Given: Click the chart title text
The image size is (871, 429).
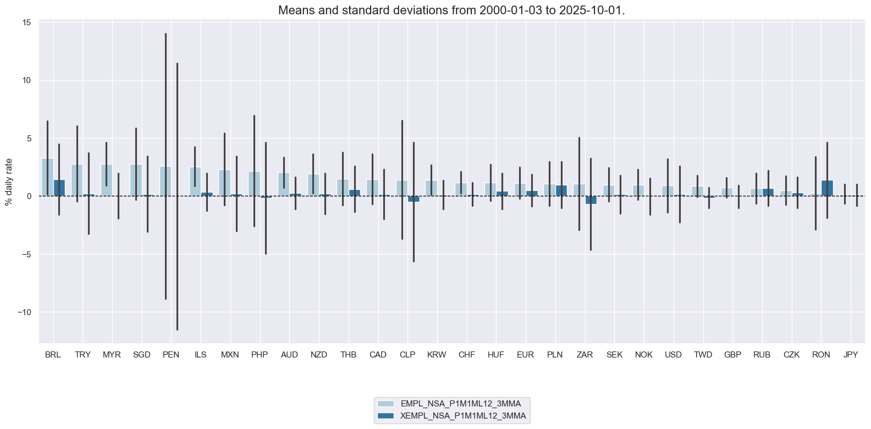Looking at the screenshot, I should point(451,10).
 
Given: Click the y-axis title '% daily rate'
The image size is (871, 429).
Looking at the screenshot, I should point(9,182).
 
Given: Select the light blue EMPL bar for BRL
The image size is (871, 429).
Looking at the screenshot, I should point(47,177).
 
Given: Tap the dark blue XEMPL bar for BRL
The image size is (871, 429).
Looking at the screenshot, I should point(59,188).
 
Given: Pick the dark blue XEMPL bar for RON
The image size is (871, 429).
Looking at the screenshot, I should point(827,188).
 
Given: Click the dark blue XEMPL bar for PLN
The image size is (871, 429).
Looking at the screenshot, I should point(561,191).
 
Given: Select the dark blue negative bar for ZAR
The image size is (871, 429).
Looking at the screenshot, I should point(591,200).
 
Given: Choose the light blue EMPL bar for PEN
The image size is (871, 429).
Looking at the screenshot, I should point(166,182).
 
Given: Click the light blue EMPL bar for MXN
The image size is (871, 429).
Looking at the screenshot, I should point(224,183).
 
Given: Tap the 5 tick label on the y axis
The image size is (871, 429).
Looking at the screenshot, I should point(29,139).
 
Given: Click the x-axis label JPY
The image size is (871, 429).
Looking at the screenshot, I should point(851,355).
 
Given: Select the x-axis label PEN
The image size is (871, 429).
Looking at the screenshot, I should point(171,355).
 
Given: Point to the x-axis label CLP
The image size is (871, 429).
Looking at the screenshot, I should point(407,355).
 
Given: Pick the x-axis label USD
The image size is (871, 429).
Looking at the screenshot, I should point(673,355).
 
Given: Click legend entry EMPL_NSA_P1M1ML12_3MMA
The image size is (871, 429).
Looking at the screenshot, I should point(460,404).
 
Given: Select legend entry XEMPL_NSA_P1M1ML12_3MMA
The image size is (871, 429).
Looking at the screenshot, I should point(463,416).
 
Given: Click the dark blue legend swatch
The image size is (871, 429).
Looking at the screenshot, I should point(385,416).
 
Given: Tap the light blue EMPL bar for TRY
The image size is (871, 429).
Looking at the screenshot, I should point(77,180).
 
